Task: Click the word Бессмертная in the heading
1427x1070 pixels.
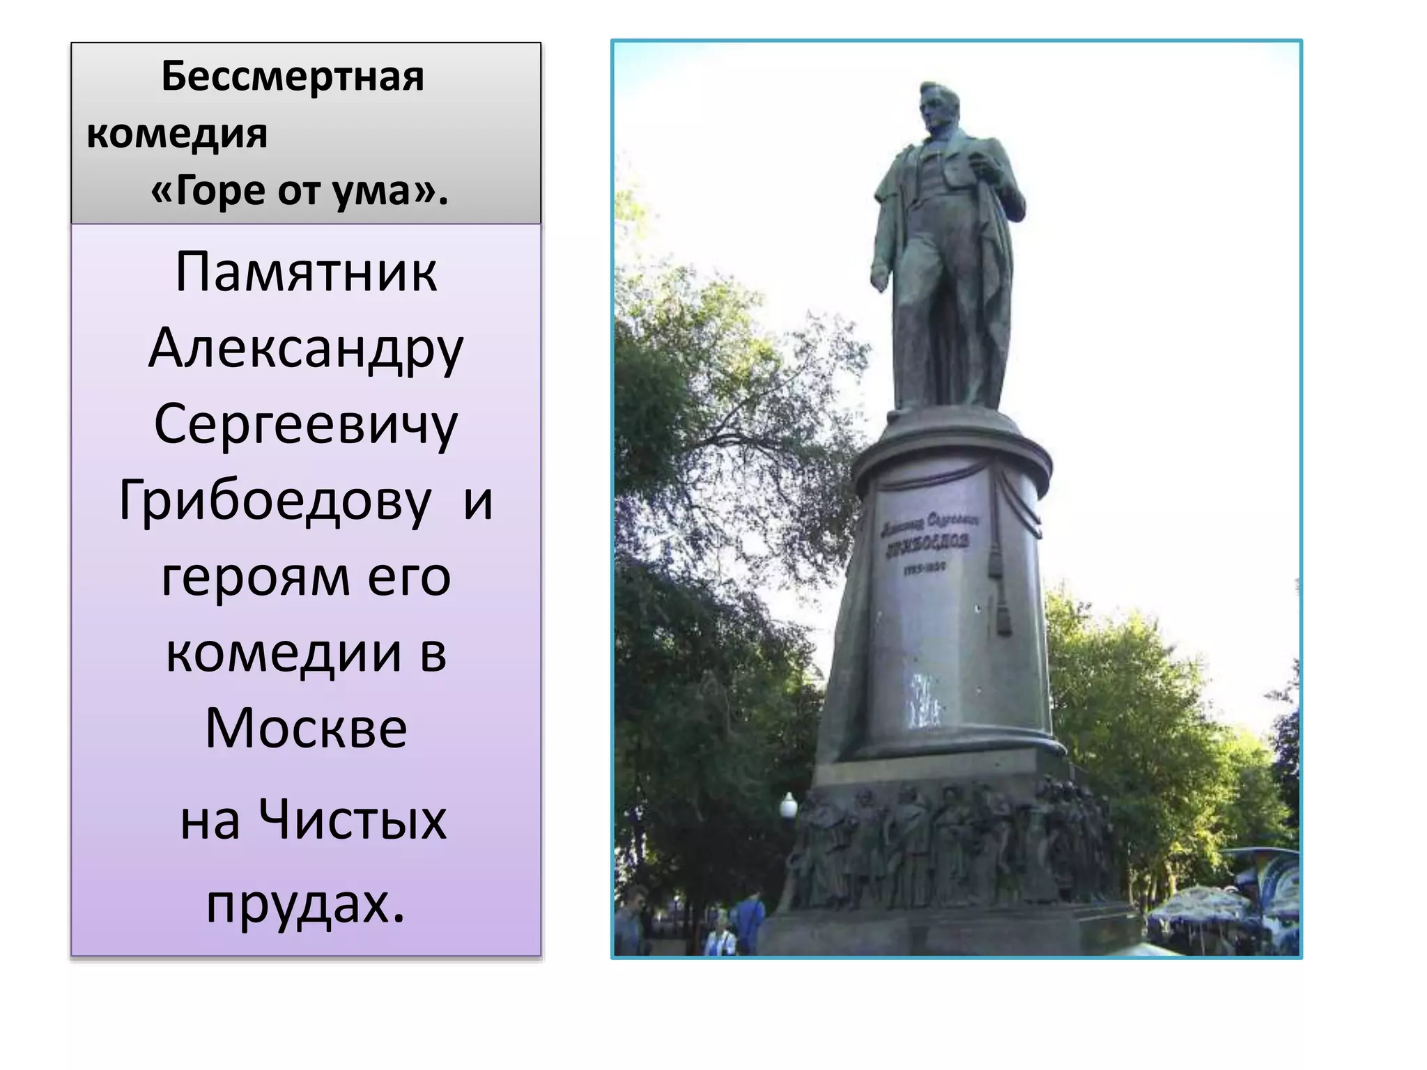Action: click(293, 77)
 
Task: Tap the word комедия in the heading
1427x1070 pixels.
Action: click(177, 134)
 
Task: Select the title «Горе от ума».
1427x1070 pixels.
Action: click(300, 191)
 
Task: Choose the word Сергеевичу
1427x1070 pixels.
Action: click(306, 425)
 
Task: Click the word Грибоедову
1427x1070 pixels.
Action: click(276, 502)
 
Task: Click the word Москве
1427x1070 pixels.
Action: click(306, 729)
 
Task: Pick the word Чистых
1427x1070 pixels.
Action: click(353, 820)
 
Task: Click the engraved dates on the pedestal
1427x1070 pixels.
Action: click(924, 568)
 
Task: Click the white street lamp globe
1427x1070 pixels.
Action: click(788, 807)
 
